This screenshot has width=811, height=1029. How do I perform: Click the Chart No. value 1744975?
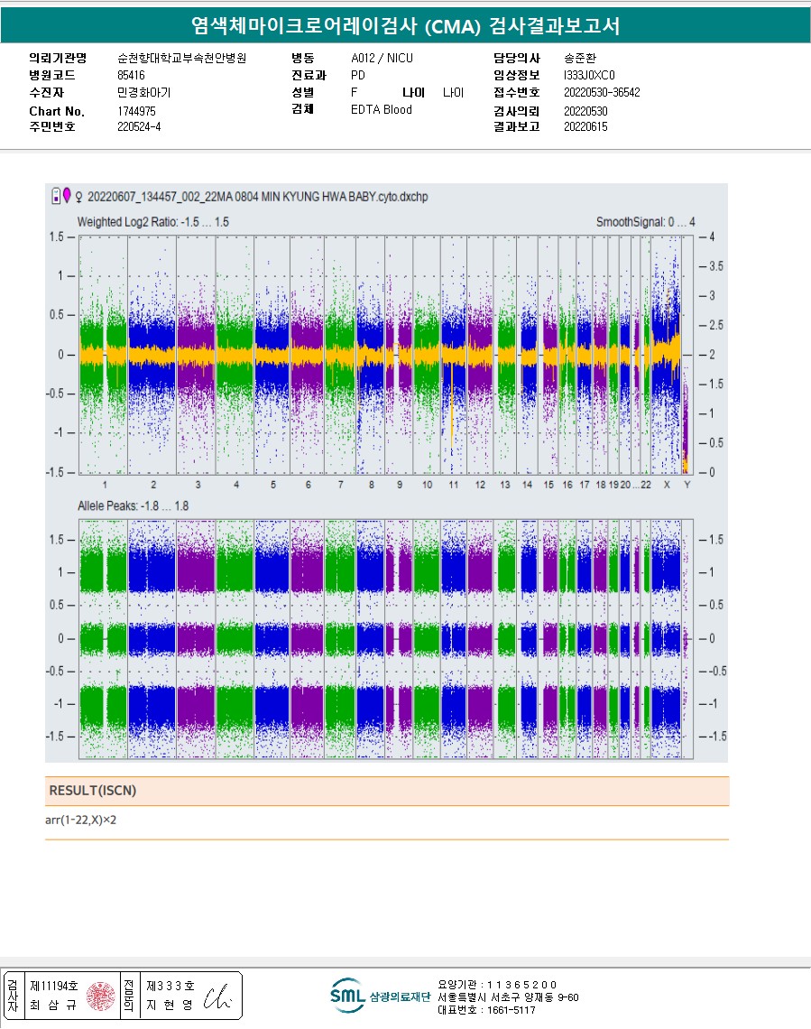pos(136,110)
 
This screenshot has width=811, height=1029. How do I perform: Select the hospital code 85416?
pos(131,75)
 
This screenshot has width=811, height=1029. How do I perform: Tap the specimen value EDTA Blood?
pos(381,110)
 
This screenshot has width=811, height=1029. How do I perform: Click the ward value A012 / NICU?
pos(382,58)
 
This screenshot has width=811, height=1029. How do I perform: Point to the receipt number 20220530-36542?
pos(602,92)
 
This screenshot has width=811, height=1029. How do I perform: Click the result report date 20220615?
pos(585,127)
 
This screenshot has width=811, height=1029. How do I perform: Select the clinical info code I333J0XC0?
pos(589,75)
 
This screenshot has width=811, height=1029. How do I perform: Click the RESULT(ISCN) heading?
pos(93,791)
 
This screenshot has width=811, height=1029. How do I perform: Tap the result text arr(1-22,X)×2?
pos(81,820)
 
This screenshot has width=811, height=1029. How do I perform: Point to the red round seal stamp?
pos(100,995)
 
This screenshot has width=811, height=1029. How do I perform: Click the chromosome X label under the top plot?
pos(668,485)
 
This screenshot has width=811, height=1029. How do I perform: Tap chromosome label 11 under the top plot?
pos(453,485)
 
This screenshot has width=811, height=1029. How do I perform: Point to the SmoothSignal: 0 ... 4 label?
pos(645,222)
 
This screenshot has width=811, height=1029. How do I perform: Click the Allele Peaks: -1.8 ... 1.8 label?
pos(133,506)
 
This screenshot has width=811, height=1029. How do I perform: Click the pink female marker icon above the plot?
pos(67,195)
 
